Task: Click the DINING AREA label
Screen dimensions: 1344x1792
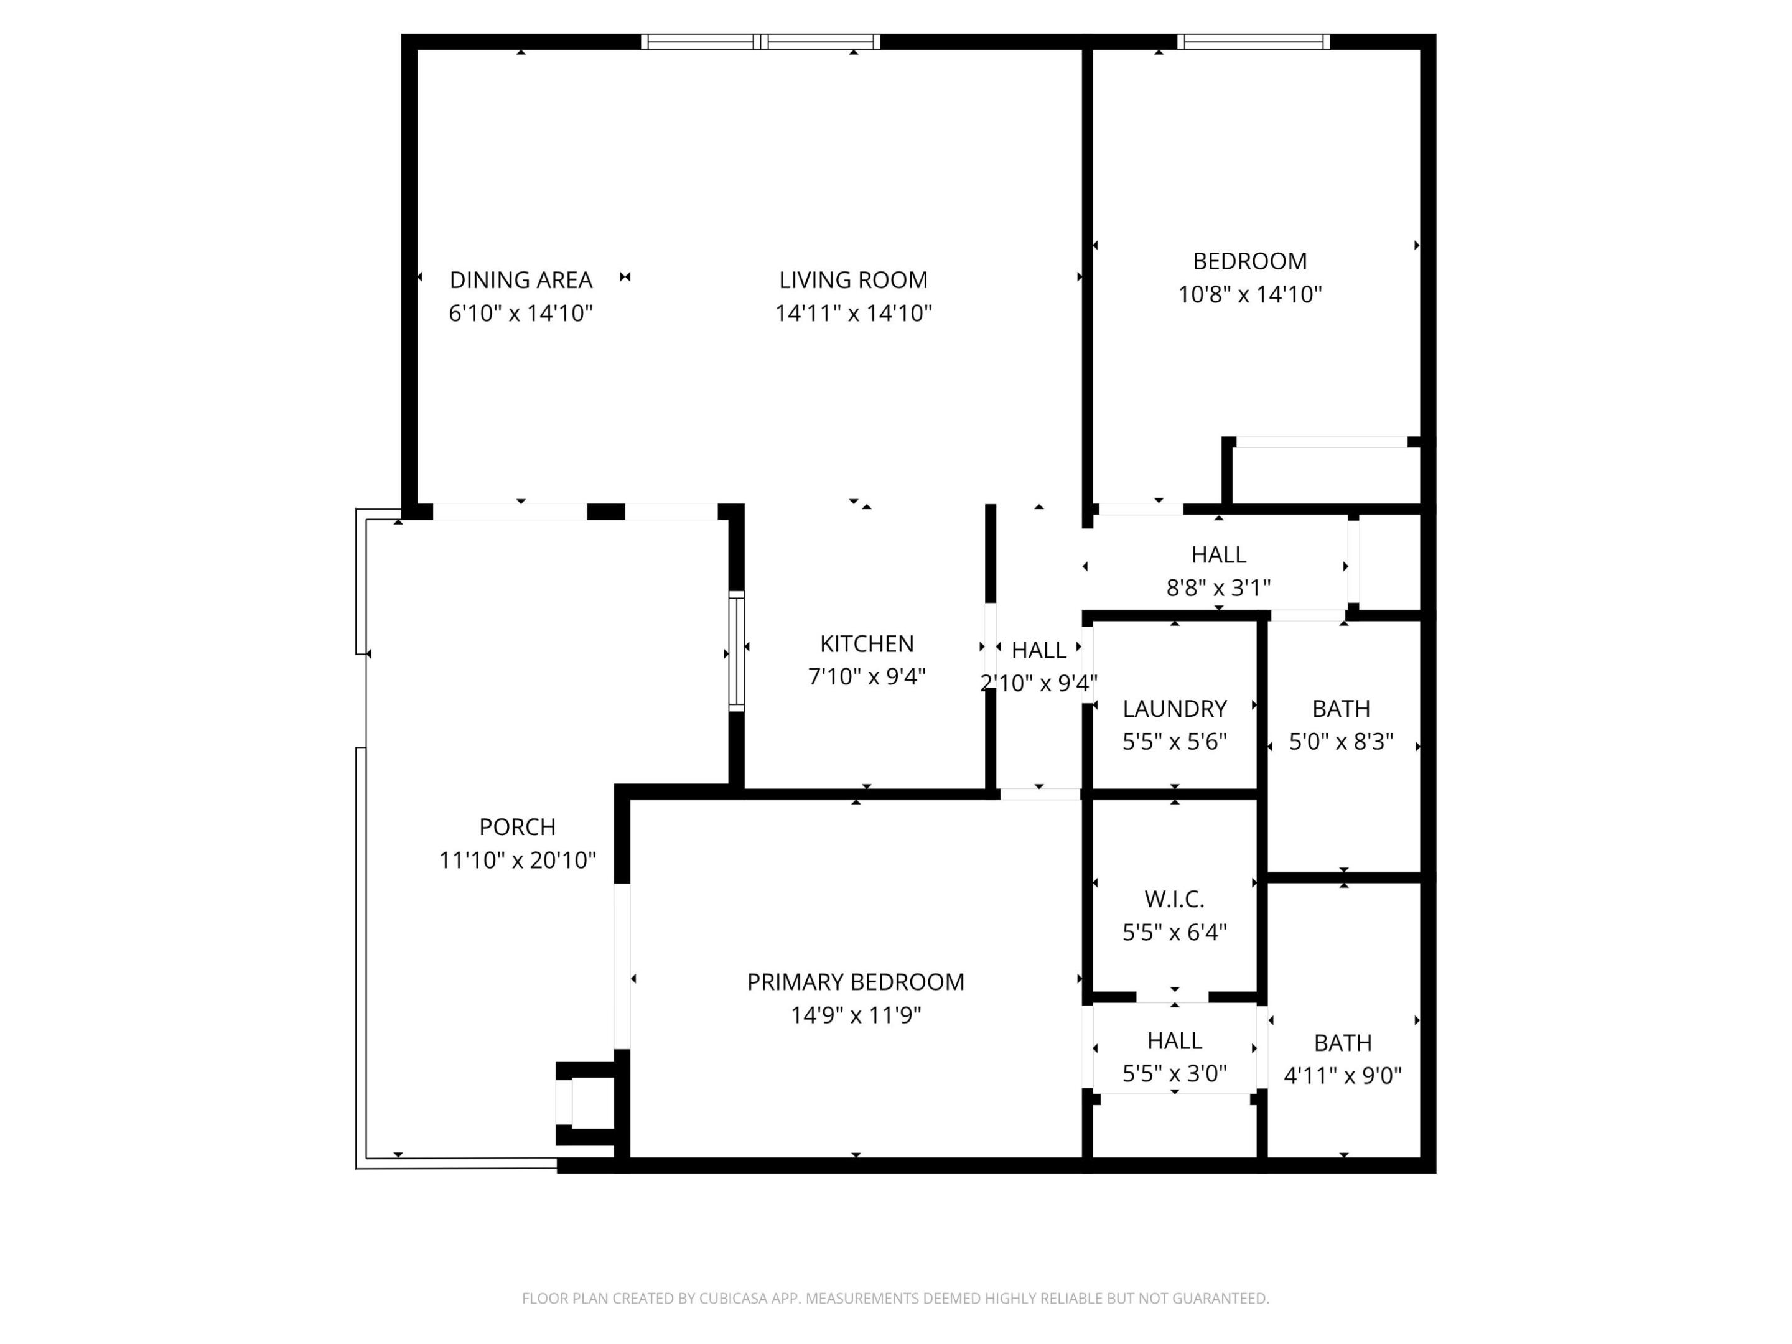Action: tap(520, 280)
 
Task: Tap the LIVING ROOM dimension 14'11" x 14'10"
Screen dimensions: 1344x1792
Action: tap(853, 314)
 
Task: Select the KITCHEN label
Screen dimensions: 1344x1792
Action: tap(866, 643)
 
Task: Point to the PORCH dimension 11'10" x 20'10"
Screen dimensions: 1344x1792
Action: tap(517, 861)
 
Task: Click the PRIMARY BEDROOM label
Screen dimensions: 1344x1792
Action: tap(855, 982)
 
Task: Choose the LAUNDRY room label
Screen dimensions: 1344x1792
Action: tap(1174, 709)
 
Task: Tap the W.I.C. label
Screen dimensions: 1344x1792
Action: tap(1174, 899)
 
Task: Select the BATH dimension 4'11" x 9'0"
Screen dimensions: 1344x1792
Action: tap(1342, 1076)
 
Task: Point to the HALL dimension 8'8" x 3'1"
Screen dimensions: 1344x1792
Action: tap(1218, 588)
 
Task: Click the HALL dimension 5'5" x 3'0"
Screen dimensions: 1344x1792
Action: tap(1174, 1074)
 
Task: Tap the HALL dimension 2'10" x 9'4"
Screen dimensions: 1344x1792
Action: tap(1038, 684)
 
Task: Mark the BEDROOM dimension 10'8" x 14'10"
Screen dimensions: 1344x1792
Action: tap(1249, 295)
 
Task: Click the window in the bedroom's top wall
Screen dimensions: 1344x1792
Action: tap(1253, 42)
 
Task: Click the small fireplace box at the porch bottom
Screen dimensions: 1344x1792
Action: tap(585, 1103)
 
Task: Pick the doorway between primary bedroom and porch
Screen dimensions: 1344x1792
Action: tap(622, 966)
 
